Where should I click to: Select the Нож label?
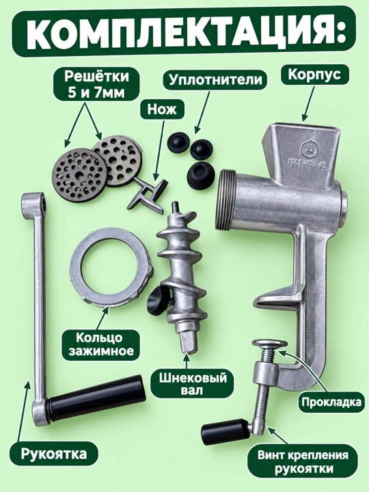click(162, 109)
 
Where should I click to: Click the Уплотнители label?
click(215, 79)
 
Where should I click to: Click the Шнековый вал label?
click(189, 383)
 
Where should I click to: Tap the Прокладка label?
click(331, 402)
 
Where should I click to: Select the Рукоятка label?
click(54, 454)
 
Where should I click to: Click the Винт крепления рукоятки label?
click(303, 460)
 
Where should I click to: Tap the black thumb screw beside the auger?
click(160, 299)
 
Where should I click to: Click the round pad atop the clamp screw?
click(271, 343)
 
